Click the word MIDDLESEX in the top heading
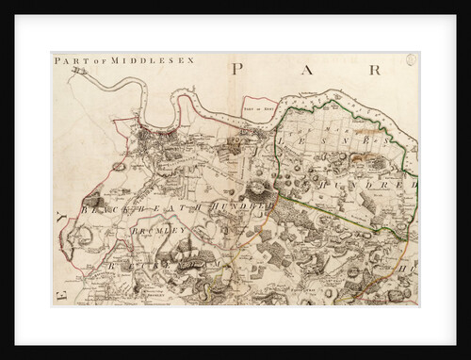[138, 61]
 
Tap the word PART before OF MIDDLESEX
[67, 61]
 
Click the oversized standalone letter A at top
[308, 69]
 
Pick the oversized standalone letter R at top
[373, 69]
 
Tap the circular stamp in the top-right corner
[412, 61]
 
